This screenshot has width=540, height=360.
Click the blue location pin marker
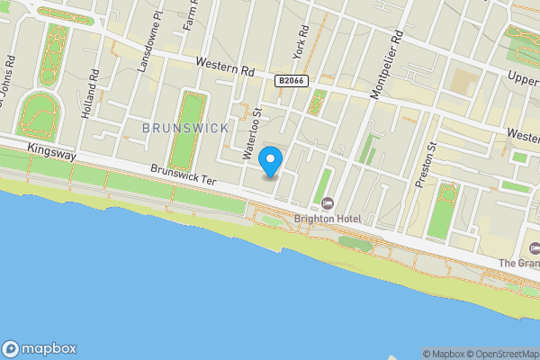271,161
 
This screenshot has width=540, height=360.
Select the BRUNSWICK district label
185,129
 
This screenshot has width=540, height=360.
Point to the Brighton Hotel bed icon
327,202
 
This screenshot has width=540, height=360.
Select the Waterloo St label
252,134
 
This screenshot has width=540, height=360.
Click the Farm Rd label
190,16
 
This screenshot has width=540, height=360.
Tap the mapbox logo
40,348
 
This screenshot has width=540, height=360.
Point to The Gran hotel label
520,264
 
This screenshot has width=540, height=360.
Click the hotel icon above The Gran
535,247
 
